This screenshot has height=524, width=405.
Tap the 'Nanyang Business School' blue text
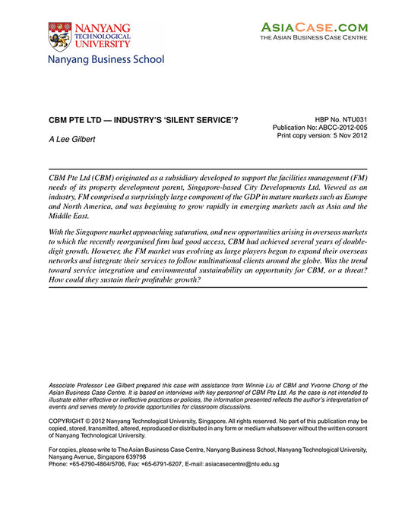click(x=106, y=59)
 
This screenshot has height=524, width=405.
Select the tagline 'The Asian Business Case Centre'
click(x=314, y=37)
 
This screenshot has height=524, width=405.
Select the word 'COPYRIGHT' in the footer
click(x=69, y=420)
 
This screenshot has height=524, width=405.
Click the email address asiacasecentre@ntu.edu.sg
click(x=242, y=464)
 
